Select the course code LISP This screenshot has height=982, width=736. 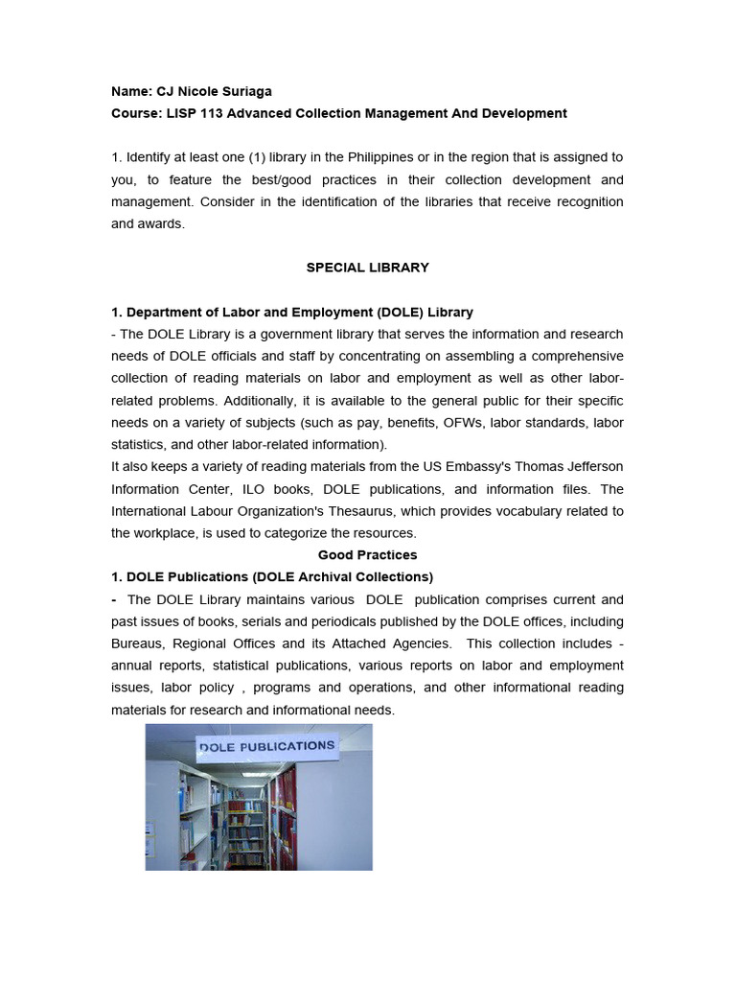tap(178, 113)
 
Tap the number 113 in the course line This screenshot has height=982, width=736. tap(215, 113)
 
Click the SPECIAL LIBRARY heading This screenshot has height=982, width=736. tap(367, 268)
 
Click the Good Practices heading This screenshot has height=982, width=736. tap(367, 555)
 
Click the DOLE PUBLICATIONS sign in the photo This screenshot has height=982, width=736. tap(266, 745)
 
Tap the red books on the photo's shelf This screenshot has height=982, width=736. tap(284, 815)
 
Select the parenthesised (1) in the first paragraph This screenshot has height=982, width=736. tap(261, 157)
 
